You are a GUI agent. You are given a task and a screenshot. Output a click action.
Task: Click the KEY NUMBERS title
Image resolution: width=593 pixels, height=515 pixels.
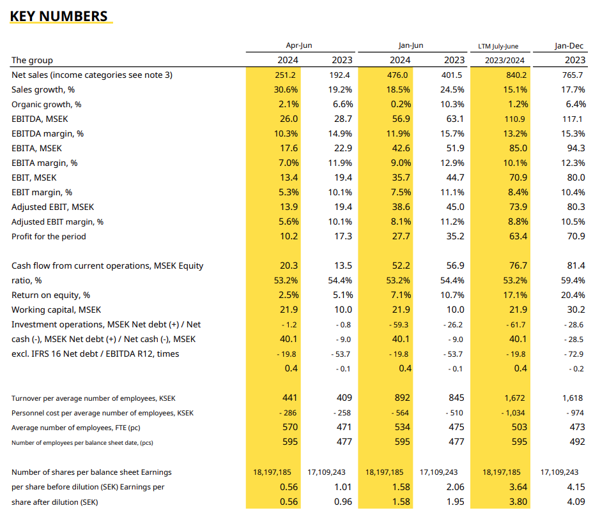tap(59, 16)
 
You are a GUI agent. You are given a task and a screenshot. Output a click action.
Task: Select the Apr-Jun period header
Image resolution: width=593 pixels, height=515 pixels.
tap(298, 45)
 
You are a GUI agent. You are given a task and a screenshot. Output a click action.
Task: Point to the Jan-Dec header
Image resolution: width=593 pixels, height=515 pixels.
tap(569, 45)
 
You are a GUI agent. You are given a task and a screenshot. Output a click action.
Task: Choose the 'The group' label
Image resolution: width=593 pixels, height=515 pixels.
tap(32, 60)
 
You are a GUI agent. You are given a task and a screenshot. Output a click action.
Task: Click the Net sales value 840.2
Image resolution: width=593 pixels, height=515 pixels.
tap(516, 75)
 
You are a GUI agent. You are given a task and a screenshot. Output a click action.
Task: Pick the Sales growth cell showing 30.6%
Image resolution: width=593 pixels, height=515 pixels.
tap(286, 89)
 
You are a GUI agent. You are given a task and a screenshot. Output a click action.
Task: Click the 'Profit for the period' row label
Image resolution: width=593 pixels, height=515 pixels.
tap(49, 236)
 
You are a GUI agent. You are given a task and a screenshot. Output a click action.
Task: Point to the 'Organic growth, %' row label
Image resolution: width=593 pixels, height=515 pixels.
tap(46, 104)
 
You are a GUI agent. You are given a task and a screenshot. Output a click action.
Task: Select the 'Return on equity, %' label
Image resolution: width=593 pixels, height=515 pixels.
tap(50, 295)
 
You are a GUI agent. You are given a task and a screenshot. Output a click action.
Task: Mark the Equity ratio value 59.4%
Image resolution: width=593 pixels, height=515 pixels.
tap(573, 280)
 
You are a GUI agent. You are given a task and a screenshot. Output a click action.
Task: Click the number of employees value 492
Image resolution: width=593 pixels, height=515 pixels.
tap(576, 442)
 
